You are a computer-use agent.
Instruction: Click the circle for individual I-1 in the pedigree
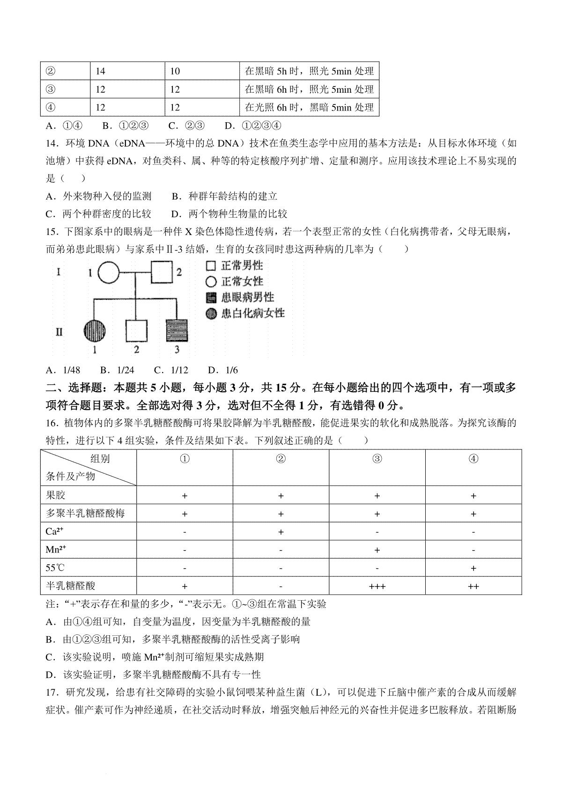pos(109,272)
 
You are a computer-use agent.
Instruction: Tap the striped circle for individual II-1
pos(94,331)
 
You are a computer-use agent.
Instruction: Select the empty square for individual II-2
pos(136,331)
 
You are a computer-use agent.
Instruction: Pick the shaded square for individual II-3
pos(177,331)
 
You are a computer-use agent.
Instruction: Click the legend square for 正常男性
pos(211,266)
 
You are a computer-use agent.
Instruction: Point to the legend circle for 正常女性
pos(211,281)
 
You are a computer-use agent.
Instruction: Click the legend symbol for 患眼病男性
pos(211,297)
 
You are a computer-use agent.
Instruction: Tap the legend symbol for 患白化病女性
pos(211,313)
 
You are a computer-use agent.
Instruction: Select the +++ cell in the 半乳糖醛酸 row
pos(377,586)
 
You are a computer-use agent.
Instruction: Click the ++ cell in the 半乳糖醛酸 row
pos(473,586)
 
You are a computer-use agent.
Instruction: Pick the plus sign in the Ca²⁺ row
pos(281,532)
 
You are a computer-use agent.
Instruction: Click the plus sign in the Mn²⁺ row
pos(377,550)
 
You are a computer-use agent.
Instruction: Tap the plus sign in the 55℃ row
pos(473,568)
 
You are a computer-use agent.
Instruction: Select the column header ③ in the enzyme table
pos(377,459)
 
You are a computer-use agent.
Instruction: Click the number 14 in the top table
pos(100,71)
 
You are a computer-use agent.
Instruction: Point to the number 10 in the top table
pos(175,71)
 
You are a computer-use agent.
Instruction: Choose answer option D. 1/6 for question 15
pos(223,370)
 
